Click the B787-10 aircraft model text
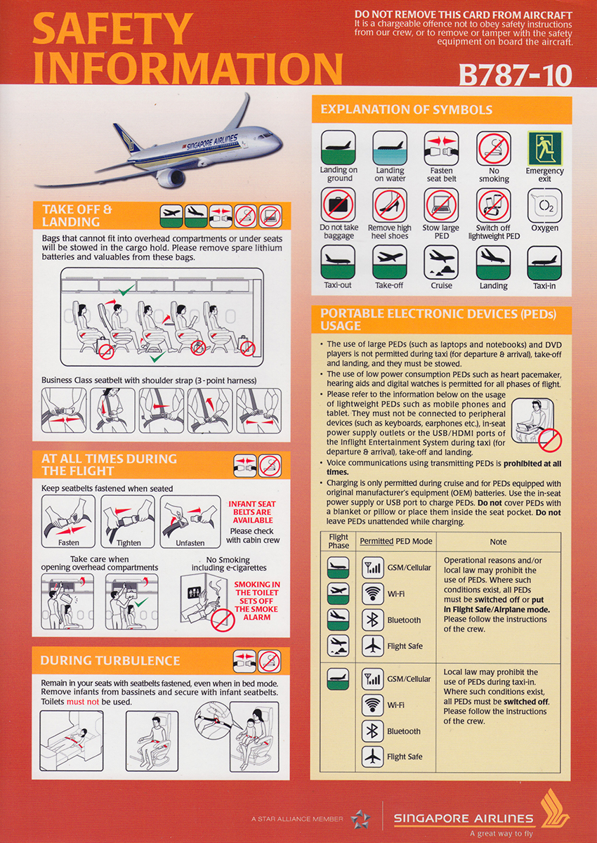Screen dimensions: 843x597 click(514, 76)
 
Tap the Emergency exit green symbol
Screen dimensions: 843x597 click(544, 148)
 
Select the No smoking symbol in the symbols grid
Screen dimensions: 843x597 click(493, 148)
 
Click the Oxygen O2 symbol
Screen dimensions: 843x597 click(544, 205)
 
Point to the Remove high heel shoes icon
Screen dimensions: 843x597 click(390, 205)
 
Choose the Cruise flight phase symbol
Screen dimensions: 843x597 click(441, 263)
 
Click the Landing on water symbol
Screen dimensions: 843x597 click(390, 148)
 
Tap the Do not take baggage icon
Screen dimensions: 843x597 click(339, 205)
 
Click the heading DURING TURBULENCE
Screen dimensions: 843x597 click(110, 660)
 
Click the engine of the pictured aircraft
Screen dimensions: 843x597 click(171, 177)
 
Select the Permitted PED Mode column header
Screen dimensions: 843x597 click(396, 542)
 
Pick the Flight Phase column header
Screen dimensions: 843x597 click(339, 542)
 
